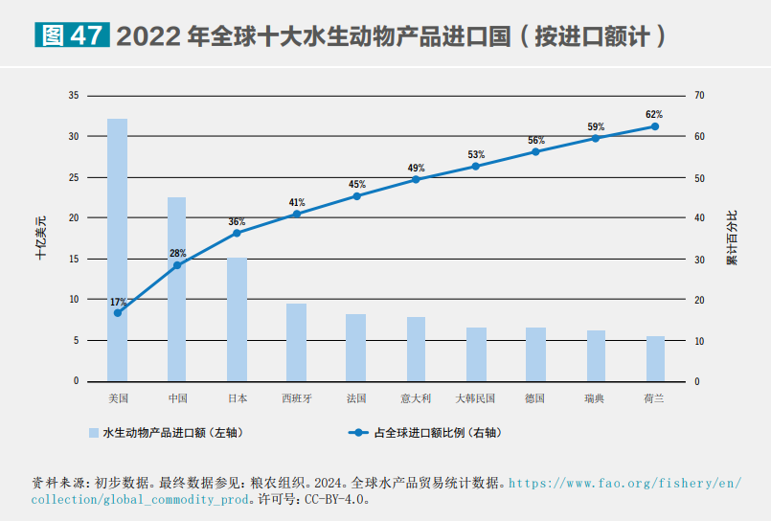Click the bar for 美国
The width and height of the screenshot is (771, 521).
117,250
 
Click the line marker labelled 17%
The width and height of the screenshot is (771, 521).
118,313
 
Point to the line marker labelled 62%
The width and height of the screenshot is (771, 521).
655,126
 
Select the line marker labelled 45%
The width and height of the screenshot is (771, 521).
356,196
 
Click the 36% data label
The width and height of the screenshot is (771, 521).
237,222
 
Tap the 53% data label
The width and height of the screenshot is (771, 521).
476,154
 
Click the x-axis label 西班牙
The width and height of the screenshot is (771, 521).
297,397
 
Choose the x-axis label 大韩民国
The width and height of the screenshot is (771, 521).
476,397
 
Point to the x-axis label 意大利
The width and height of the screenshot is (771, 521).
416,397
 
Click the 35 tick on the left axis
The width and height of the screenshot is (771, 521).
74,96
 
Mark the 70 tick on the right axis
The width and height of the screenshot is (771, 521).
699,96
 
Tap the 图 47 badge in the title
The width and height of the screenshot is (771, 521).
72,36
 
